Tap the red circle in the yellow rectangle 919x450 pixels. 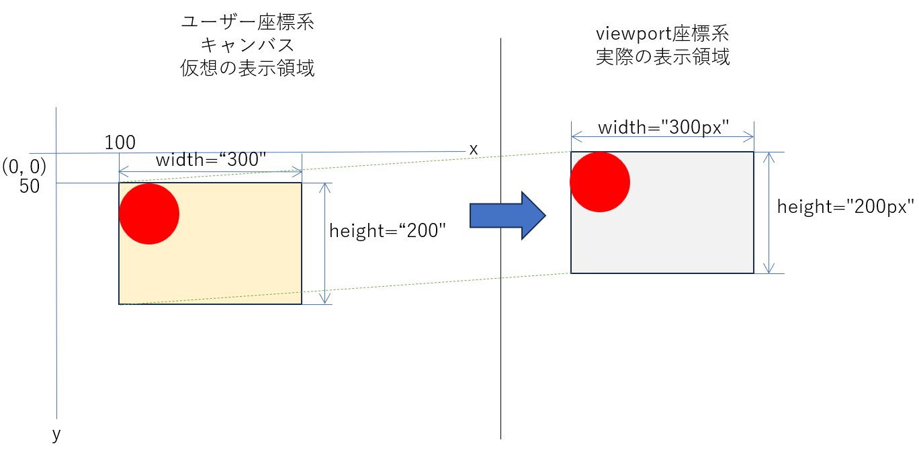point(149,214)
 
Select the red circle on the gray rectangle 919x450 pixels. point(600,182)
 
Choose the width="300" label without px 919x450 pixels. point(211,161)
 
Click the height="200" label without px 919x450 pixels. point(388,231)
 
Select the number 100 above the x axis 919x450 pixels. point(120,142)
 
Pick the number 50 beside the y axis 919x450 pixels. point(30,187)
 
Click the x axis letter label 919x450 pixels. point(474,150)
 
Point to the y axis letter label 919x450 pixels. point(56,435)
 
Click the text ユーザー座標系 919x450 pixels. point(247,21)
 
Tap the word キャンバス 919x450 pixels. point(247,45)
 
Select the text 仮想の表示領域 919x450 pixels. point(247,69)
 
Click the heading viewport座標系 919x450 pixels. point(662,34)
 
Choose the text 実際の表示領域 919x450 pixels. point(662,57)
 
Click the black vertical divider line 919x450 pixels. point(500,336)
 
